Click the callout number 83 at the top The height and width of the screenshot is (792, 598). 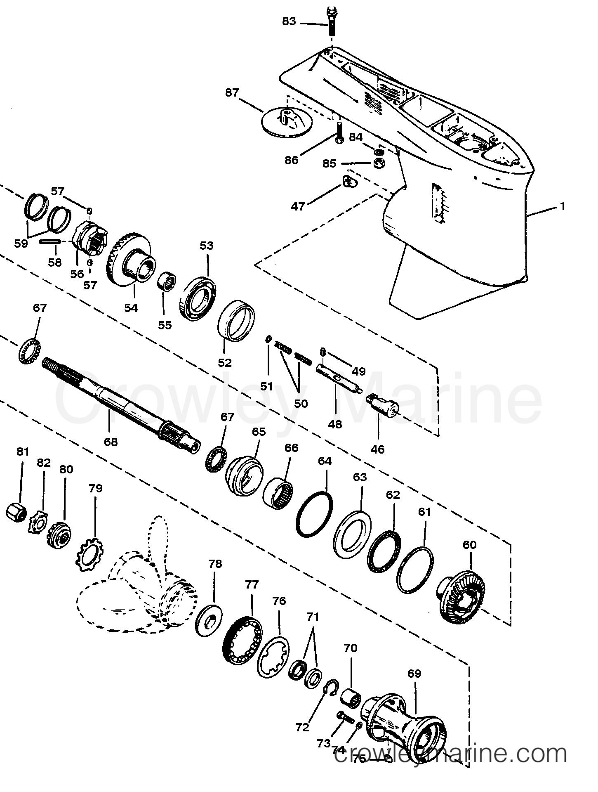pyautogui.click(x=289, y=21)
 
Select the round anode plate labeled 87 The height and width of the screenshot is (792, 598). pyautogui.click(x=286, y=122)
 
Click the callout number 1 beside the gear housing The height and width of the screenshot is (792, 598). pyautogui.click(x=563, y=206)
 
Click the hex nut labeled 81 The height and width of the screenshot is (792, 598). pyautogui.click(x=16, y=513)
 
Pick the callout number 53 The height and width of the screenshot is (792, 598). pyautogui.click(x=206, y=246)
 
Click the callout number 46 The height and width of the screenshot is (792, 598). pyautogui.click(x=377, y=449)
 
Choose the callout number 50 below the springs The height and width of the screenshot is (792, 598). pyautogui.click(x=301, y=403)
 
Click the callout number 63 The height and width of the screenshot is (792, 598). pyautogui.click(x=360, y=477)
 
